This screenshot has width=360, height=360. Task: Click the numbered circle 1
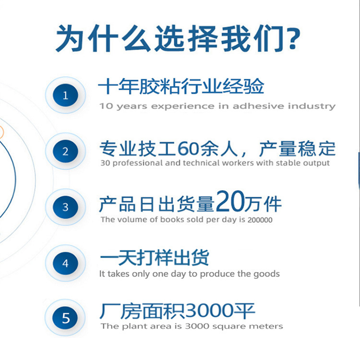(x=66, y=95)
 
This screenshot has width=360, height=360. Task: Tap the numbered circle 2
(x=66, y=151)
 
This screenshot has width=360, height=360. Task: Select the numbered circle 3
(x=66, y=207)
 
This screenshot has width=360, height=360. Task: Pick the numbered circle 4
(x=66, y=263)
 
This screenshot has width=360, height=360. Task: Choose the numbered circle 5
(x=66, y=318)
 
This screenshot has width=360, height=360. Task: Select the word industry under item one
(x=312, y=106)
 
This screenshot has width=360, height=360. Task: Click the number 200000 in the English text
(x=259, y=220)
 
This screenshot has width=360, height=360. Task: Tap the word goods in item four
(x=266, y=274)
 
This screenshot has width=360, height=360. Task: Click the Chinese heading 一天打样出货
(x=155, y=258)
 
